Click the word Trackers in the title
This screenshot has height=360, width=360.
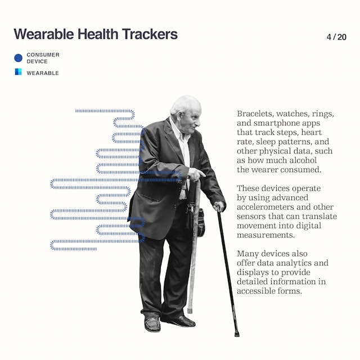(150, 34)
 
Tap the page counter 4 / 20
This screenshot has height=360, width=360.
(336, 37)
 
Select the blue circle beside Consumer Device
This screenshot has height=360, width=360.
(19, 58)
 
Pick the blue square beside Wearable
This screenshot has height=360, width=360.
(18, 71)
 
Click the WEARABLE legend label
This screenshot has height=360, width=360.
(43, 73)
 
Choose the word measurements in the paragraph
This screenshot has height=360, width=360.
(265, 235)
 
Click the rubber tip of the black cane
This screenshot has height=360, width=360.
(237, 334)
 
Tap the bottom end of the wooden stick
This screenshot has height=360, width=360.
(190, 310)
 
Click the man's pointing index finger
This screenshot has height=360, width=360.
(202, 173)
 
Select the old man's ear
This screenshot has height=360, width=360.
(180, 116)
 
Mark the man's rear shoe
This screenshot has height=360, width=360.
(152, 324)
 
